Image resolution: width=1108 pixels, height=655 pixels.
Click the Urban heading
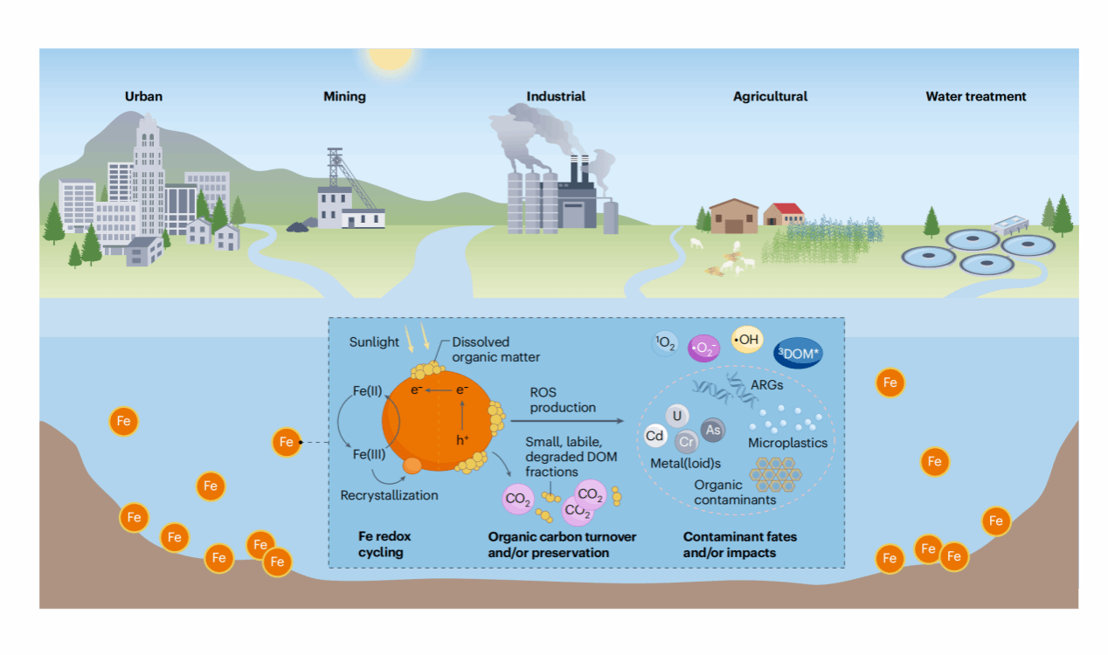(x=143, y=96)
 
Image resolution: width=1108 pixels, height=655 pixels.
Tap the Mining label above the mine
(x=345, y=96)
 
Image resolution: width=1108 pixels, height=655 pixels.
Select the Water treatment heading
(x=976, y=96)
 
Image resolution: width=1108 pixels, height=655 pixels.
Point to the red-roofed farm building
(x=784, y=214)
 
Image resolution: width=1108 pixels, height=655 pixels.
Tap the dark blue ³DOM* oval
(x=798, y=353)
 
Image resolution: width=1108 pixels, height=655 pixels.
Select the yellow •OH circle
(x=747, y=340)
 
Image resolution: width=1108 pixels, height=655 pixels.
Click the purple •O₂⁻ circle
(x=703, y=348)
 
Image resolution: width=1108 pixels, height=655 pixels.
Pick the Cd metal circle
(x=654, y=436)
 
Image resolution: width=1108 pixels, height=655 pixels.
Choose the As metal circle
(x=713, y=430)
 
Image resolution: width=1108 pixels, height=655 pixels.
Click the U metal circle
(x=676, y=416)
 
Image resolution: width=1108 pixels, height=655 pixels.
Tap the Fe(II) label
(x=368, y=391)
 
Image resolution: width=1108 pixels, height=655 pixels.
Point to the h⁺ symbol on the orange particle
(x=462, y=439)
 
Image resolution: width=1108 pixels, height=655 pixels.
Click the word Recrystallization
(x=389, y=495)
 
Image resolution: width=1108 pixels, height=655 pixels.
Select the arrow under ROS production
(x=567, y=421)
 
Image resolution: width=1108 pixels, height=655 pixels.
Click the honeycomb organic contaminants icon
(x=775, y=474)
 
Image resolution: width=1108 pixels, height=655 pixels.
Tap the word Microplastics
(x=787, y=443)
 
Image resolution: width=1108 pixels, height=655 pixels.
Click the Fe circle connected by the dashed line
(x=287, y=442)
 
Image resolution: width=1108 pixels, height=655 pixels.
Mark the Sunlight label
(x=374, y=342)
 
